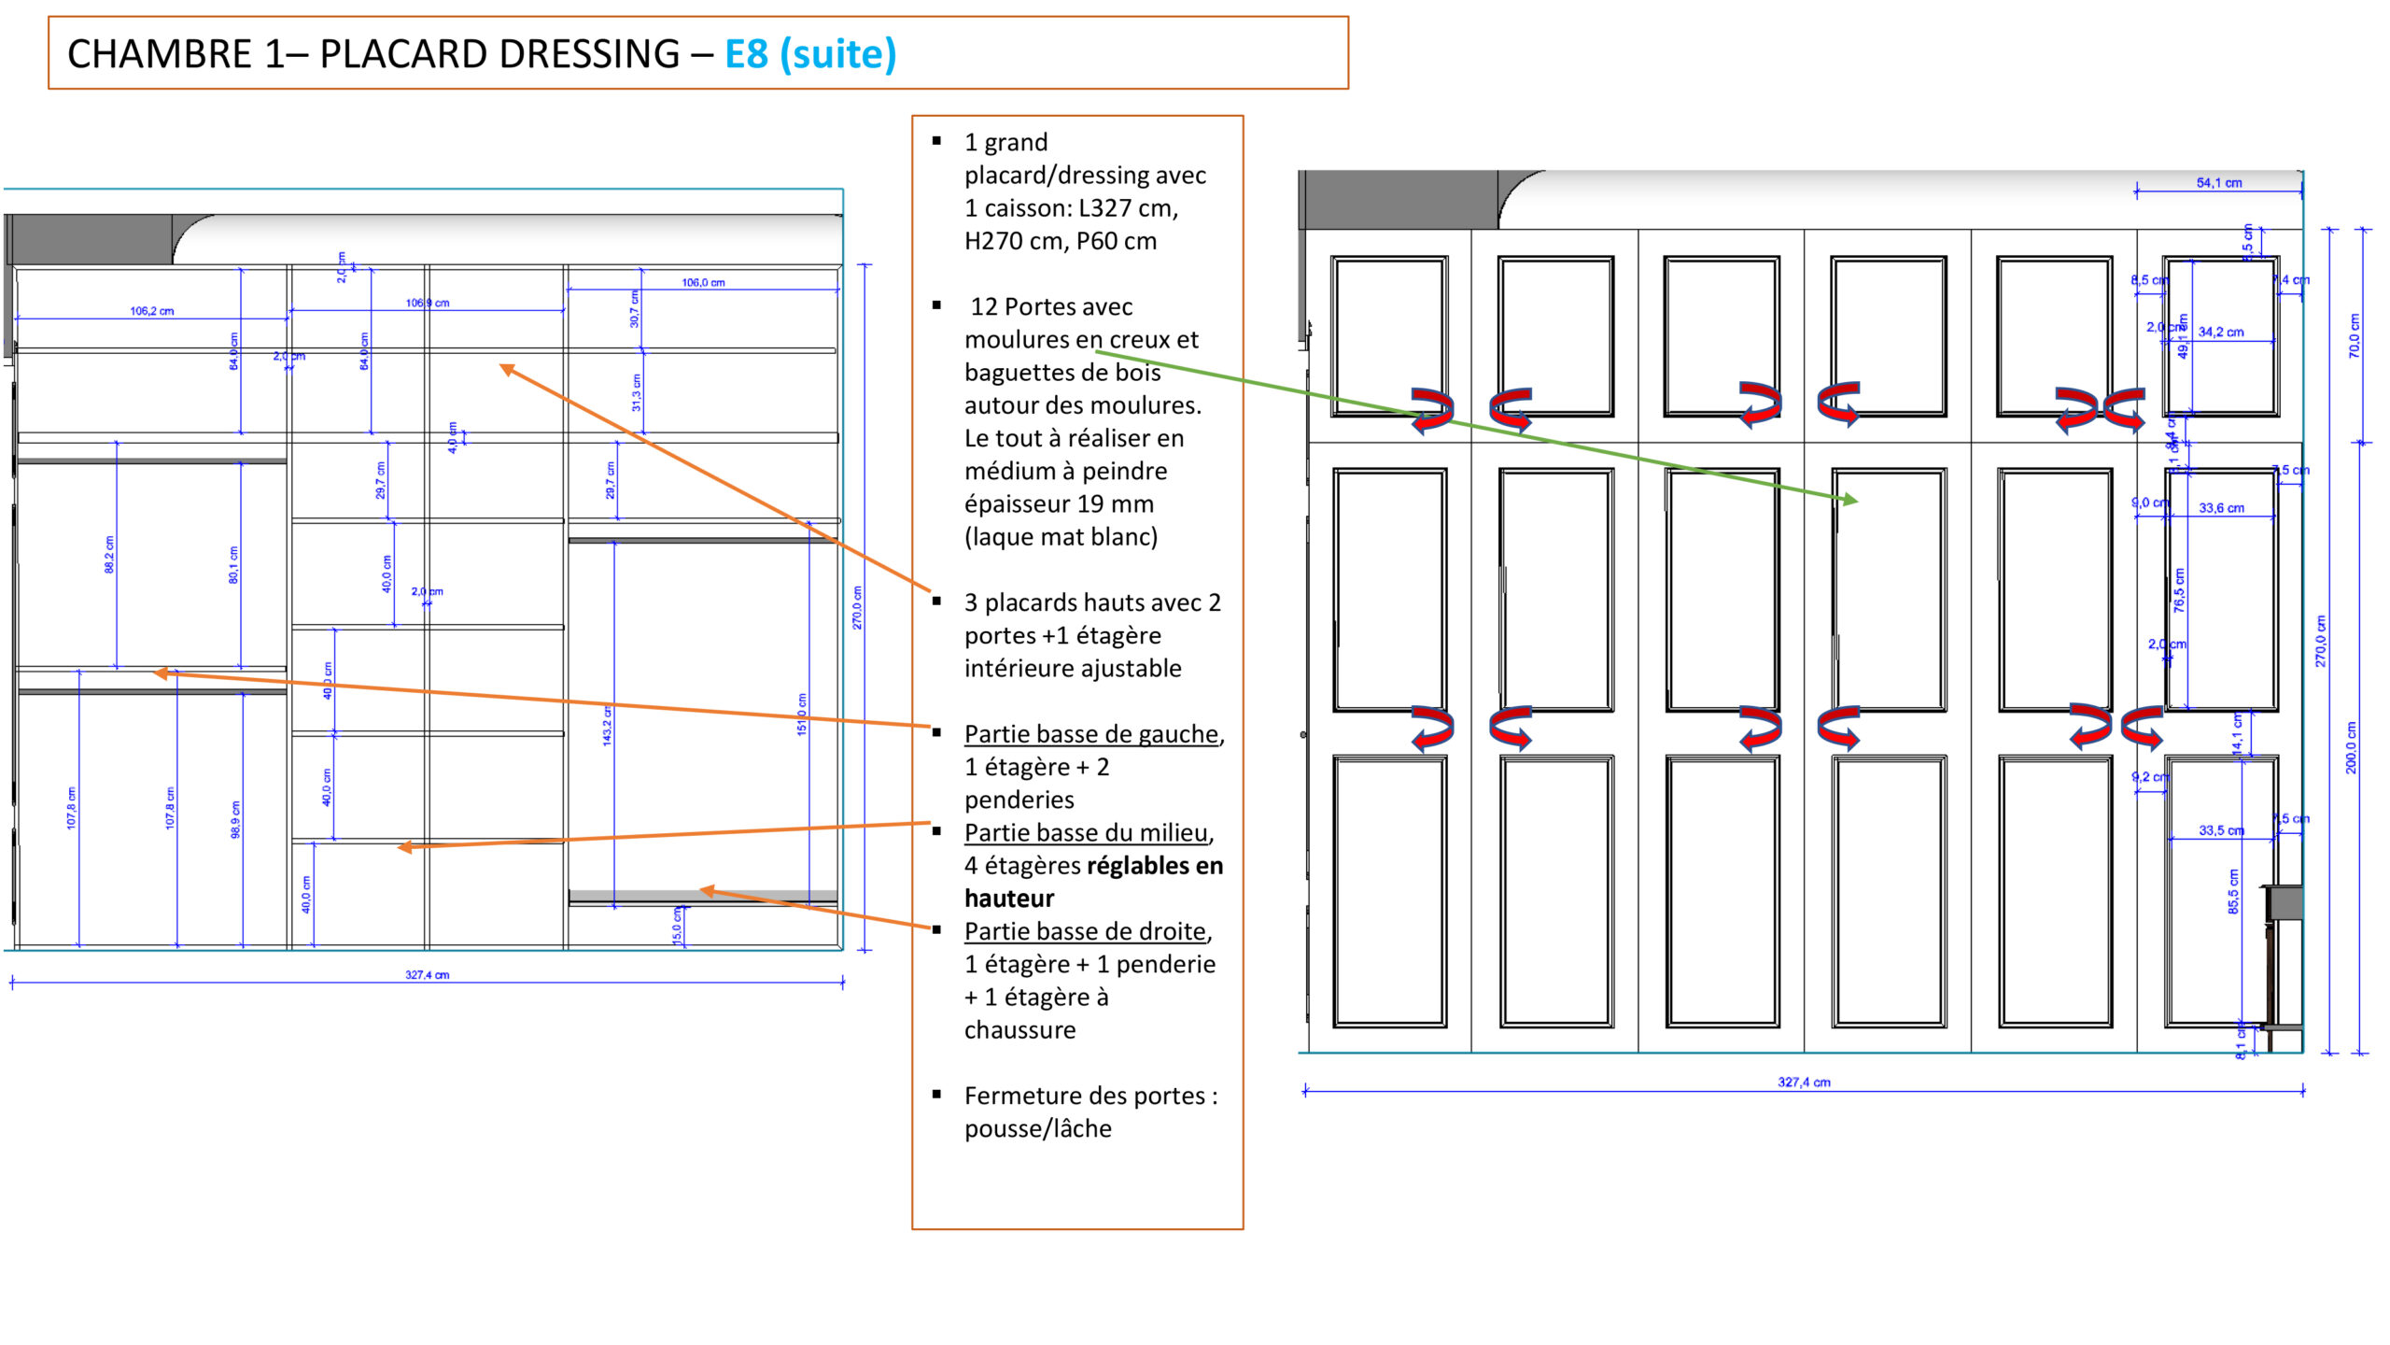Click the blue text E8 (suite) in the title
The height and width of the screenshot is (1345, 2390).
[x=809, y=54]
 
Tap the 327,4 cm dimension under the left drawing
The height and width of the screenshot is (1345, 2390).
[x=427, y=975]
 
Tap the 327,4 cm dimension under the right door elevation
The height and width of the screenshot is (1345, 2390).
[x=1804, y=1083]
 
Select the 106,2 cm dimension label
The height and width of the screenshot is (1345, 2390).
[x=152, y=311]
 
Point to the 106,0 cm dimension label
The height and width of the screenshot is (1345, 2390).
[x=703, y=282]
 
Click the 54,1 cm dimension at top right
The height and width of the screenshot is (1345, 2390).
[x=2218, y=183]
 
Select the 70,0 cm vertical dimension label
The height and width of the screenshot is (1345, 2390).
[x=2354, y=335]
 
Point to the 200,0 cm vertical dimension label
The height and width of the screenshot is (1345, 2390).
[x=2351, y=747]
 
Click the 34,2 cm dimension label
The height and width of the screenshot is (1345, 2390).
[x=2220, y=333]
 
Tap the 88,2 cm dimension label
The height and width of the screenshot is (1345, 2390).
[x=109, y=554]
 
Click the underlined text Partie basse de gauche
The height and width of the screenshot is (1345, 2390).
[x=1091, y=734]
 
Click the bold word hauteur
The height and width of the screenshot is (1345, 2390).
[x=1008, y=899]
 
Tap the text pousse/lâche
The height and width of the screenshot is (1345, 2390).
[x=1037, y=1128]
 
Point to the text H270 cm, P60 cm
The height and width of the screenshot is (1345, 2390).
[x=1060, y=241]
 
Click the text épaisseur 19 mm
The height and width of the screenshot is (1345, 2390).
[x=1059, y=504]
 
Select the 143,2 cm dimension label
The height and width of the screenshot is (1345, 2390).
[x=607, y=726]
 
